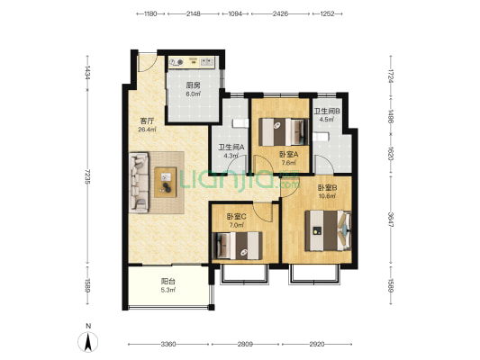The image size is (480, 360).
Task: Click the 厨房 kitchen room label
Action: [193, 85]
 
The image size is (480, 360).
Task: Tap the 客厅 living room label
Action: [146, 121]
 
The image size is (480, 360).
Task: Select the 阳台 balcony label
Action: [168, 281]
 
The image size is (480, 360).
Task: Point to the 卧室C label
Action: [236, 217]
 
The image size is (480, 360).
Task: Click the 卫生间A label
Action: [231, 147]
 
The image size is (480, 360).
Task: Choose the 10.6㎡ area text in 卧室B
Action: [327, 196]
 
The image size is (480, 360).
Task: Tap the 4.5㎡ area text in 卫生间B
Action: [327, 119]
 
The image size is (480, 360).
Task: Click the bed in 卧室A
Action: [283, 131]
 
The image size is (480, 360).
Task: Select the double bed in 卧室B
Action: [328, 230]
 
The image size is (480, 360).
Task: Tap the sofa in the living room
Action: [140, 183]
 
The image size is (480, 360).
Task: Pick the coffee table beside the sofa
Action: [166, 182]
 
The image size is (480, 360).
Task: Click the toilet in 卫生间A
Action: [240, 123]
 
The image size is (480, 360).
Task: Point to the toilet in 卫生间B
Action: [321, 137]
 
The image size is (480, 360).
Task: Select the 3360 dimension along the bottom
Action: [168, 345]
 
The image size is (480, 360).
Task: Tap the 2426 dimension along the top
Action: [280, 13]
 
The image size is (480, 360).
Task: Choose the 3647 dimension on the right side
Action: [391, 220]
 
